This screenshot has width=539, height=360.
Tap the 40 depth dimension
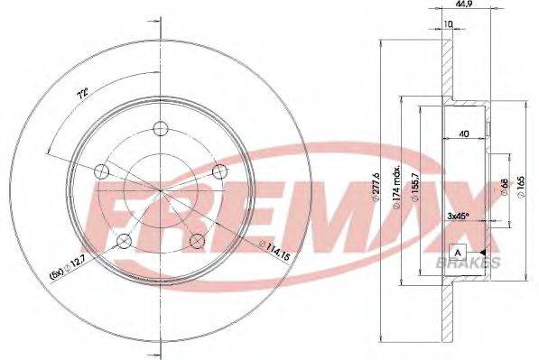click(x=462, y=134)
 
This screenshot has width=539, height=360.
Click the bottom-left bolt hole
click(x=124, y=240)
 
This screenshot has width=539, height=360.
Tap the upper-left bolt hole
click(x=101, y=171)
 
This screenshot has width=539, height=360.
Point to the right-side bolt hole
click(x=218, y=171)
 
